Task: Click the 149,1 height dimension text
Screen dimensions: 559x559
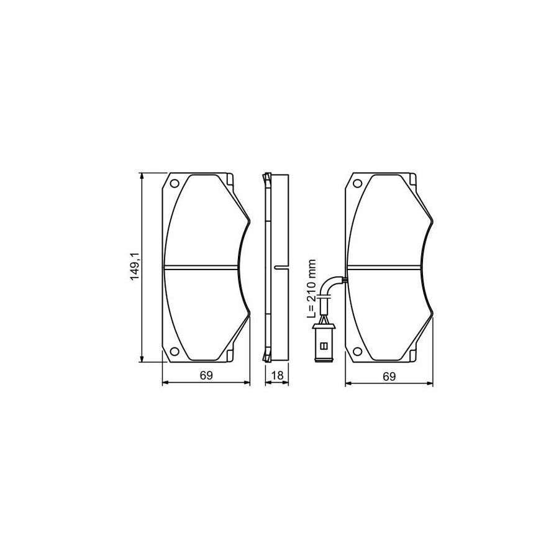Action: pyautogui.click(x=134, y=268)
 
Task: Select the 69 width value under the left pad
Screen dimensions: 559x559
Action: pyautogui.click(x=206, y=375)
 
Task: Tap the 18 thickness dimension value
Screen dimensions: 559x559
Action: pyautogui.click(x=278, y=375)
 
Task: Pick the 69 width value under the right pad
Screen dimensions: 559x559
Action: pyautogui.click(x=389, y=375)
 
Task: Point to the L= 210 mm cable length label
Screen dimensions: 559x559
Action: pyautogui.click(x=312, y=289)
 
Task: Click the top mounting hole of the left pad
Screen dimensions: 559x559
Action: pyautogui.click(x=175, y=183)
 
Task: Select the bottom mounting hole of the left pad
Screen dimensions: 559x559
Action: pyautogui.click(x=175, y=352)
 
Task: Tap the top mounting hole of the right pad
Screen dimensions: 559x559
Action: pyautogui.click(x=357, y=183)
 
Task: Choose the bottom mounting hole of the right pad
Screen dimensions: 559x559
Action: pyautogui.click(x=357, y=352)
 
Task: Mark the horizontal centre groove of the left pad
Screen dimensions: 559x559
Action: pyautogui.click(x=200, y=268)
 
